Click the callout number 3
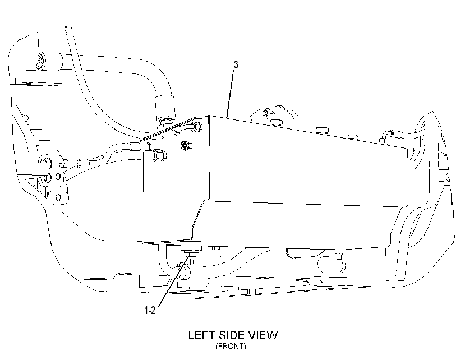236,64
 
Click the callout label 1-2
150,310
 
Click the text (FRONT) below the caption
231,346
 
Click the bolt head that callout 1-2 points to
188,254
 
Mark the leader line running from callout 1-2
173,281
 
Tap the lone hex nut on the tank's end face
186,145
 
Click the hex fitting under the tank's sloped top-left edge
198,126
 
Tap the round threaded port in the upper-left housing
40,61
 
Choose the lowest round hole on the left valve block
58,197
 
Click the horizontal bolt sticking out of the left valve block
71,163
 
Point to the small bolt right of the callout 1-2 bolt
216,252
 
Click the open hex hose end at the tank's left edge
159,155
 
